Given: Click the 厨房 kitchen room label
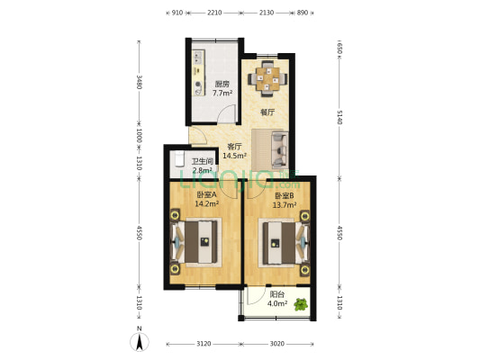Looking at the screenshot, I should [x=222, y=85].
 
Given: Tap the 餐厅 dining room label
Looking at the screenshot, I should [x=267, y=112].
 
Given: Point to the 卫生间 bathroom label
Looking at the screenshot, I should [x=202, y=162].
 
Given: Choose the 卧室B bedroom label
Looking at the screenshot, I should [x=284, y=194].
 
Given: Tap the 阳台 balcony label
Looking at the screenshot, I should [x=277, y=294].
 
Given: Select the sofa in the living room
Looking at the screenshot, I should [x=275, y=143].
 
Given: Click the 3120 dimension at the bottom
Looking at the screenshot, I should [x=204, y=343].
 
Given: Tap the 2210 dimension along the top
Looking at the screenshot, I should [x=214, y=13].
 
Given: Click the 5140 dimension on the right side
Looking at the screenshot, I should [x=340, y=116].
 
